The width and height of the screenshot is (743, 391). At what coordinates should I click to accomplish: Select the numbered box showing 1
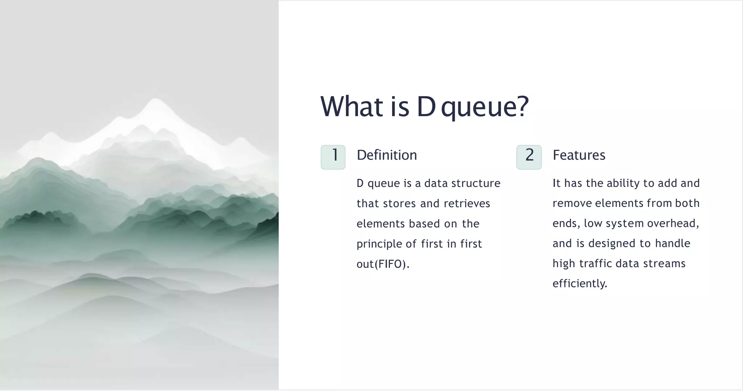pyautogui.click(x=333, y=157)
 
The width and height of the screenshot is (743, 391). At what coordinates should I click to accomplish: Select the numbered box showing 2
pyautogui.click(x=529, y=157)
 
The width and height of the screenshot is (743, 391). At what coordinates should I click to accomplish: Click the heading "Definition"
pyautogui.click(x=387, y=155)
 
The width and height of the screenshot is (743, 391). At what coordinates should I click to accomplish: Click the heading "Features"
pyautogui.click(x=579, y=155)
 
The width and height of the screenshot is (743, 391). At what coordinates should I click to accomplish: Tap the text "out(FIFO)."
pyautogui.click(x=383, y=264)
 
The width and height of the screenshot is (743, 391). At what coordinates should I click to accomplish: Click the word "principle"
pyautogui.click(x=379, y=244)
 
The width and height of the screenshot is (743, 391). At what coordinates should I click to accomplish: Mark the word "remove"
pyautogui.click(x=572, y=203)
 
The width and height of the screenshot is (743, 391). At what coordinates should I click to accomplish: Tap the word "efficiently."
pyautogui.click(x=580, y=284)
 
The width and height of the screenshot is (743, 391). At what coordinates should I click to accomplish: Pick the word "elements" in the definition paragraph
pyautogui.click(x=381, y=224)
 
